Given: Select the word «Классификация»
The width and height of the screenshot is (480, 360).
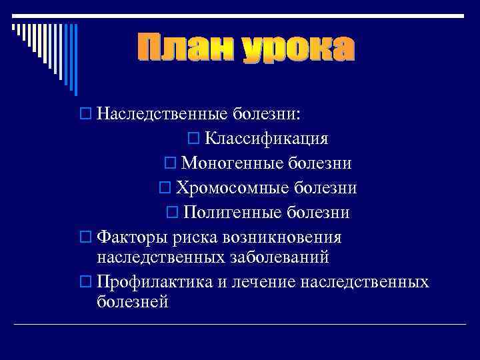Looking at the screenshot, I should pyautogui.click(x=267, y=138).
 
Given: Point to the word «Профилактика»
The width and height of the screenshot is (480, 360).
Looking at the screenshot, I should pyautogui.click(x=154, y=281).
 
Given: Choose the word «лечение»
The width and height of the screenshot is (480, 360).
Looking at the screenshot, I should pyautogui.click(x=264, y=281).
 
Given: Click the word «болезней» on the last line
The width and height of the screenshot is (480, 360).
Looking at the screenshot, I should pyautogui.click(x=133, y=301).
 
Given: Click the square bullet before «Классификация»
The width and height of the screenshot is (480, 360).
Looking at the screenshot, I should pyautogui.click(x=194, y=139).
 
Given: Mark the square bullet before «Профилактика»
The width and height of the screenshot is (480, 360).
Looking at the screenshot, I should pyautogui.click(x=85, y=282).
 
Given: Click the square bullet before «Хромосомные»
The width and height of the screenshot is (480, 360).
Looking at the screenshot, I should pyautogui.click(x=165, y=189).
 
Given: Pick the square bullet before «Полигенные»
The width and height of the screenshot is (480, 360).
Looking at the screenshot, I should pyautogui.click(x=171, y=213).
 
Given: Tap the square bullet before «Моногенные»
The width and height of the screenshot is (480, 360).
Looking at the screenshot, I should pyautogui.click(x=169, y=163).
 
